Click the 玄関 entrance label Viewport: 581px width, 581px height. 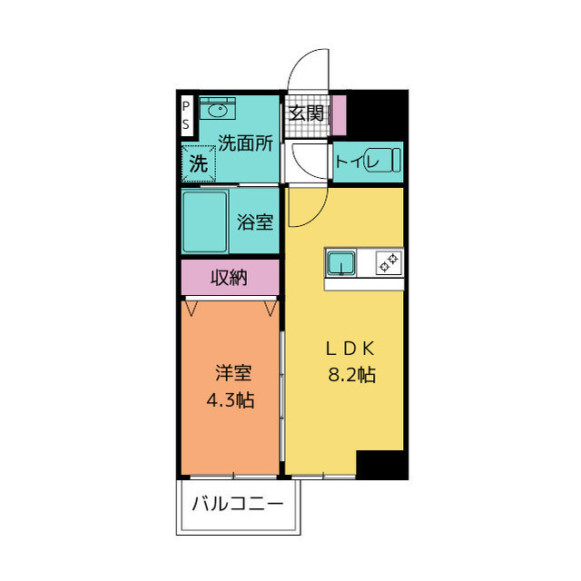[x=306, y=113]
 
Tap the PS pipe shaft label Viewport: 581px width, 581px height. [x=186, y=113]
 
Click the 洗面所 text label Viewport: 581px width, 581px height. [x=245, y=143]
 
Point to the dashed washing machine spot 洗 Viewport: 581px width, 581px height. [x=198, y=164]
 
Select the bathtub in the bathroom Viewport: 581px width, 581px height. [x=205, y=221]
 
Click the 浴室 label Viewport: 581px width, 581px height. [x=255, y=222]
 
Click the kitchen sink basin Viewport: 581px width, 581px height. [x=342, y=263]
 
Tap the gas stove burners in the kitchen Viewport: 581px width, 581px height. [x=389, y=263]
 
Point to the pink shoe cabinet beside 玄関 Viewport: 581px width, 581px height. [x=339, y=115]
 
